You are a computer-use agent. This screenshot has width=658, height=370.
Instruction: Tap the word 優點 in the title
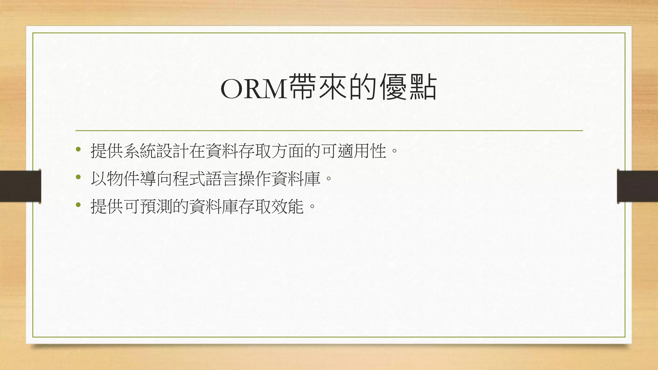(408, 87)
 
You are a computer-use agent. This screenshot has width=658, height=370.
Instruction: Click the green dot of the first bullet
(78, 149)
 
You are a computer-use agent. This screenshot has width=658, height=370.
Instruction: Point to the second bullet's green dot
(78, 177)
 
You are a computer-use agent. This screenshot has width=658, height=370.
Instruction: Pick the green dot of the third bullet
(78, 205)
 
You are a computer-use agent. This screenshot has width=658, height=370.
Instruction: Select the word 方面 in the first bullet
(288, 151)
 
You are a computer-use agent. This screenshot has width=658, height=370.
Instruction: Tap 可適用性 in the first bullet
(353, 151)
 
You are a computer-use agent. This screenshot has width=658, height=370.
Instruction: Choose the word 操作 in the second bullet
(254, 179)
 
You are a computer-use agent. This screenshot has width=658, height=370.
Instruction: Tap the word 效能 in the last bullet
(288, 206)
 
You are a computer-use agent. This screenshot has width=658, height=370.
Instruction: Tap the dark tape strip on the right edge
(637, 186)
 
